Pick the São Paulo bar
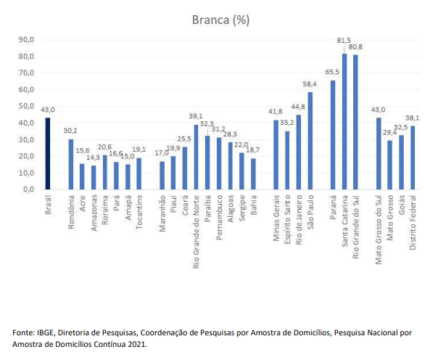[x=310, y=141]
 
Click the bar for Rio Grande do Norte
[x=196, y=157]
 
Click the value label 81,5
[x=344, y=41]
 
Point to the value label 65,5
[x=332, y=73]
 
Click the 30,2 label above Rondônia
[x=70, y=131]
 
